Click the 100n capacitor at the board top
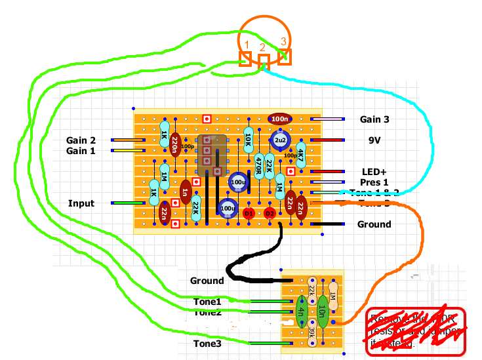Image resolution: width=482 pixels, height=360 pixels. pyautogui.click(x=280, y=119)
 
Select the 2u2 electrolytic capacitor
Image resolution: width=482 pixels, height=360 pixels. pyautogui.click(x=281, y=140)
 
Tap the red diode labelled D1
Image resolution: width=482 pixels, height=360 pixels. pyautogui.click(x=249, y=213)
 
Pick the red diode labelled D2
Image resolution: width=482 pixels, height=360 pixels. pyautogui.click(x=270, y=213)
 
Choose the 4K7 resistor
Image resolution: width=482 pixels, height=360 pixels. pyautogui.click(x=301, y=155)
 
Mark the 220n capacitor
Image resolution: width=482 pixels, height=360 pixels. pyautogui.click(x=174, y=146)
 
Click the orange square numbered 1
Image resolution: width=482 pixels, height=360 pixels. pyautogui.click(x=245, y=60)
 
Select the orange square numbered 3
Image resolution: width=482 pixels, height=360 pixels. pyautogui.click(x=284, y=57)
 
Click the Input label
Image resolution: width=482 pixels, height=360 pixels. pyautogui.click(x=81, y=203)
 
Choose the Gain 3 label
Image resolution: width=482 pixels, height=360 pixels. pyautogui.click(x=374, y=119)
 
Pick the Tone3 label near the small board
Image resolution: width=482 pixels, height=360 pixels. pyautogui.click(x=207, y=343)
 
